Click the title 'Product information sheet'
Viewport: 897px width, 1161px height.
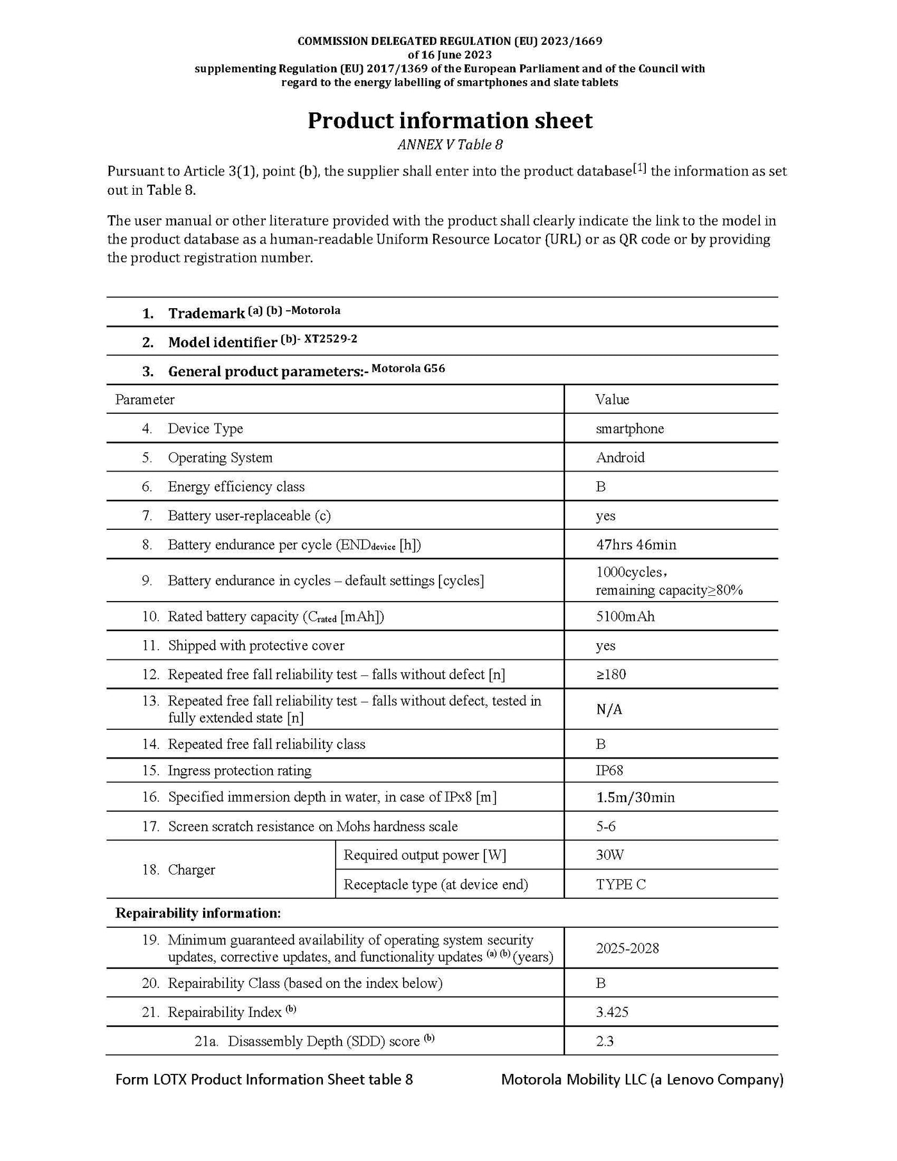click(x=450, y=120)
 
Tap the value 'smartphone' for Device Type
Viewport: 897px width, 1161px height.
click(x=630, y=429)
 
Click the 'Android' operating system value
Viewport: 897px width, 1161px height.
click(x=620, y=457)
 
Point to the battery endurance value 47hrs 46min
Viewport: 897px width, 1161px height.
click(x=636, y=545)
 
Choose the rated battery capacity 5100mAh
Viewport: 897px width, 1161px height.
click(x=625, y=616)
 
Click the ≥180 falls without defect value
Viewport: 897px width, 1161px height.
click(x=611, y=674)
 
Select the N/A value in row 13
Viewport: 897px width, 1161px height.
click(x=609, y=709)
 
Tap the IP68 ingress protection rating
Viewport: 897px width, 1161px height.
click(x=609, y=770)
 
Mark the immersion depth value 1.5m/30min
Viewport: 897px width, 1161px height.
click(x=635, y=797)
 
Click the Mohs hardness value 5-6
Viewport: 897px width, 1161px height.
click(x=605, y=827)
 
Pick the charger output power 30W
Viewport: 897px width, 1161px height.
click(x=610, y=855)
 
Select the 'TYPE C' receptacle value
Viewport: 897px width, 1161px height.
click(x=621, y=884)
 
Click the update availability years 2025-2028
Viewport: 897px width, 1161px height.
click(x=627, y=948)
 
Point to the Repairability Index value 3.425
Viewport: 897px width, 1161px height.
click(x=612, y=1012)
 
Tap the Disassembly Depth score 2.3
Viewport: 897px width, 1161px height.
click(x=604, y=1041)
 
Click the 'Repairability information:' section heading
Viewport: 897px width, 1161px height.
click(x=198, y=912)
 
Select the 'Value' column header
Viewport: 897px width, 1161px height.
click(x=612, y=399)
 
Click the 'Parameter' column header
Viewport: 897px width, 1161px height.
click(x=145, y=399)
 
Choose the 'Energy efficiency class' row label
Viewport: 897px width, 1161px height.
click(x=236, y=486)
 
